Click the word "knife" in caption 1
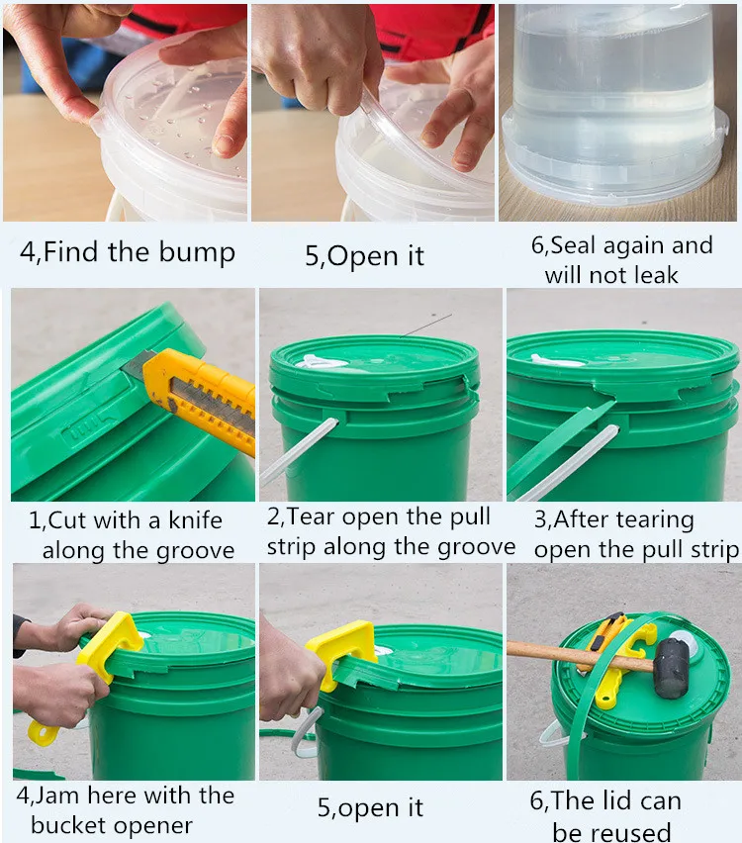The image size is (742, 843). pos(195,519)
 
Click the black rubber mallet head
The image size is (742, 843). pos(671,667)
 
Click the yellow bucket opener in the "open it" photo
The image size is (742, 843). pos(344,650)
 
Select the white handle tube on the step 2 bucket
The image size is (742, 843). pos(299,451)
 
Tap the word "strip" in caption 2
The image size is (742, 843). pos(292,546)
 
